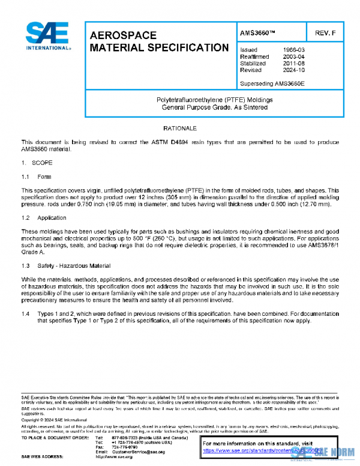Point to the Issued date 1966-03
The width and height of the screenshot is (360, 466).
pyautogui.click(x=293, y=50)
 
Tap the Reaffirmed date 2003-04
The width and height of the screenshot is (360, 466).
pyautogui.click(x=293, y=56)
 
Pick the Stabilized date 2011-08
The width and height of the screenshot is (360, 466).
pyautogui.click(x=293, y=63)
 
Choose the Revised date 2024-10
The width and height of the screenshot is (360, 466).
pyautogui.click(x=293, y=70)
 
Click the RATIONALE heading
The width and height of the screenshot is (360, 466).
pyautogui.click(x=180, y=129)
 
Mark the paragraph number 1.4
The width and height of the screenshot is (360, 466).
pyautogui.click(x=26, y=313)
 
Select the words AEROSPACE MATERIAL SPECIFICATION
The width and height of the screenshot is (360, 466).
pyautogui.click(x=158, y=41)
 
